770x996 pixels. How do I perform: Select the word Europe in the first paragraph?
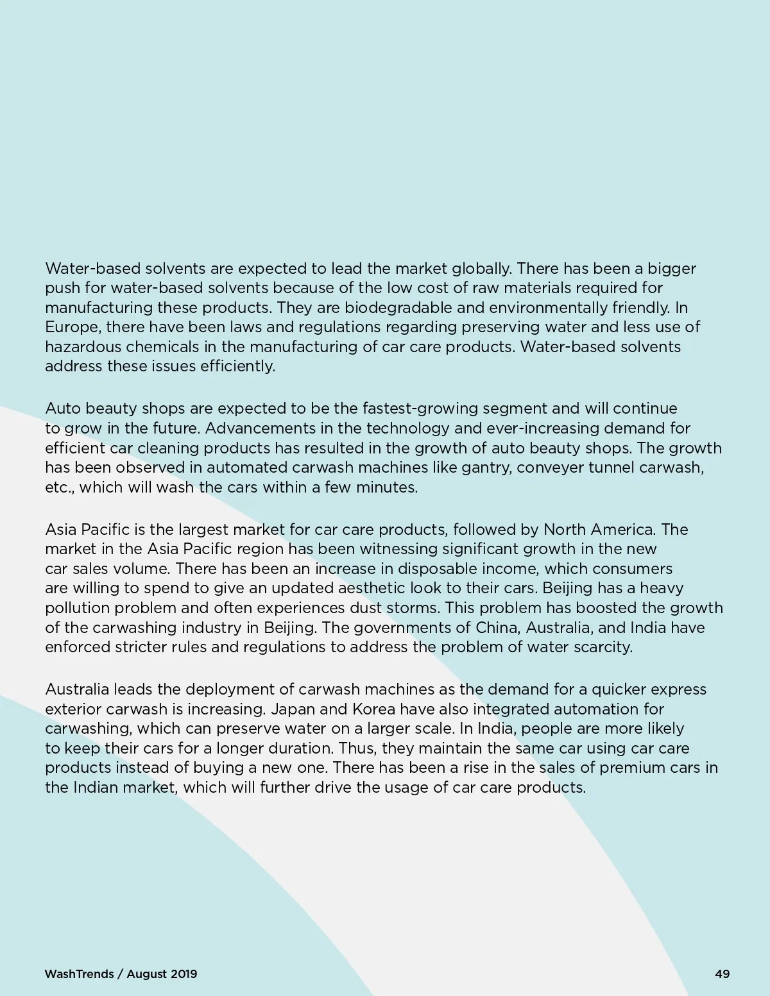click(72, 327)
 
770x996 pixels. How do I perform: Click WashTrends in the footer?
click(80, 974)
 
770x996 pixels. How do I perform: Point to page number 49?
click(722, 974)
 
